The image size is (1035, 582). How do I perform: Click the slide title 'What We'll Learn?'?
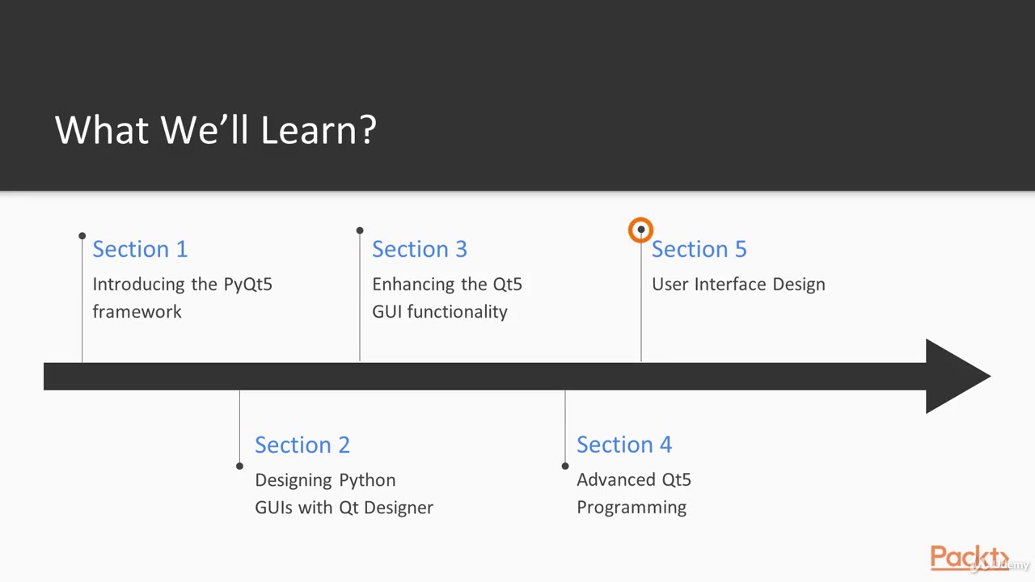click(x=215, y=129)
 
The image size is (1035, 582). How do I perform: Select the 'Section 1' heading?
click(x=140, y=249)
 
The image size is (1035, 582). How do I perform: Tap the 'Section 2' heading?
click(x=302, y=445)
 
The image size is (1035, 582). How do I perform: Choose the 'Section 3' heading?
click(x=420, y=249)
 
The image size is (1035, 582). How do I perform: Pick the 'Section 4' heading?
click(x=624, y=445)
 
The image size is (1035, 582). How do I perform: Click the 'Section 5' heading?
click(x=699, y=249)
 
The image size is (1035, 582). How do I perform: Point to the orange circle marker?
click(x=640, y=230)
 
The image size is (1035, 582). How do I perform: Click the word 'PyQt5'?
click(x=247, y=285)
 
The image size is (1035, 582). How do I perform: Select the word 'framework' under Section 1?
click(x=137, y=312)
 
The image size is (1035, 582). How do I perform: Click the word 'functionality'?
click(x=457, y=312)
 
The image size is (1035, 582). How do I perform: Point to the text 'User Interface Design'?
click(x=738, y=285)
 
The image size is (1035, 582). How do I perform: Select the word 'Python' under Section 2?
click(x=367, y=480)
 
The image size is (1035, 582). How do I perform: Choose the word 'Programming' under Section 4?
click(x=632, y=508)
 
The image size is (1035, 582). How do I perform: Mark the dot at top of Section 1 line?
click(x=82, y=236)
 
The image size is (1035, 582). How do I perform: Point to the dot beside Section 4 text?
click(x=565, y=466)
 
